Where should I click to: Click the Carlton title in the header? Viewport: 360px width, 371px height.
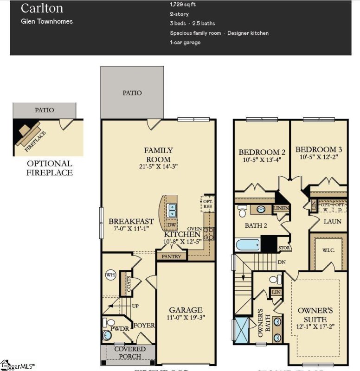pos(42,8)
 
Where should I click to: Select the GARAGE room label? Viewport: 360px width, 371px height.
pos(185,310)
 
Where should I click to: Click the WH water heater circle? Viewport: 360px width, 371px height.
pos(110,275)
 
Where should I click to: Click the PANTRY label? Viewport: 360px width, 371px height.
pos(171,256)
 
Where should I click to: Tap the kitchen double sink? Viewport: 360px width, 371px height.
pos(172,211)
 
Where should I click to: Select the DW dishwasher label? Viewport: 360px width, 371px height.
pos(171,225)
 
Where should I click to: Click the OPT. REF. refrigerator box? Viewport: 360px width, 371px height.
pos(207,203)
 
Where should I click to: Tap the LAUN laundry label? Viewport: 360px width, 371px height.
pos(333,221)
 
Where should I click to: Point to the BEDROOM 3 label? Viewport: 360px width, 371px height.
pos(319,149)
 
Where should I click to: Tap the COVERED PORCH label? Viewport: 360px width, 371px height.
pos(130,352)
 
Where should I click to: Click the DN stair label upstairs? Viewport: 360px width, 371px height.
pos(281,262)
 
